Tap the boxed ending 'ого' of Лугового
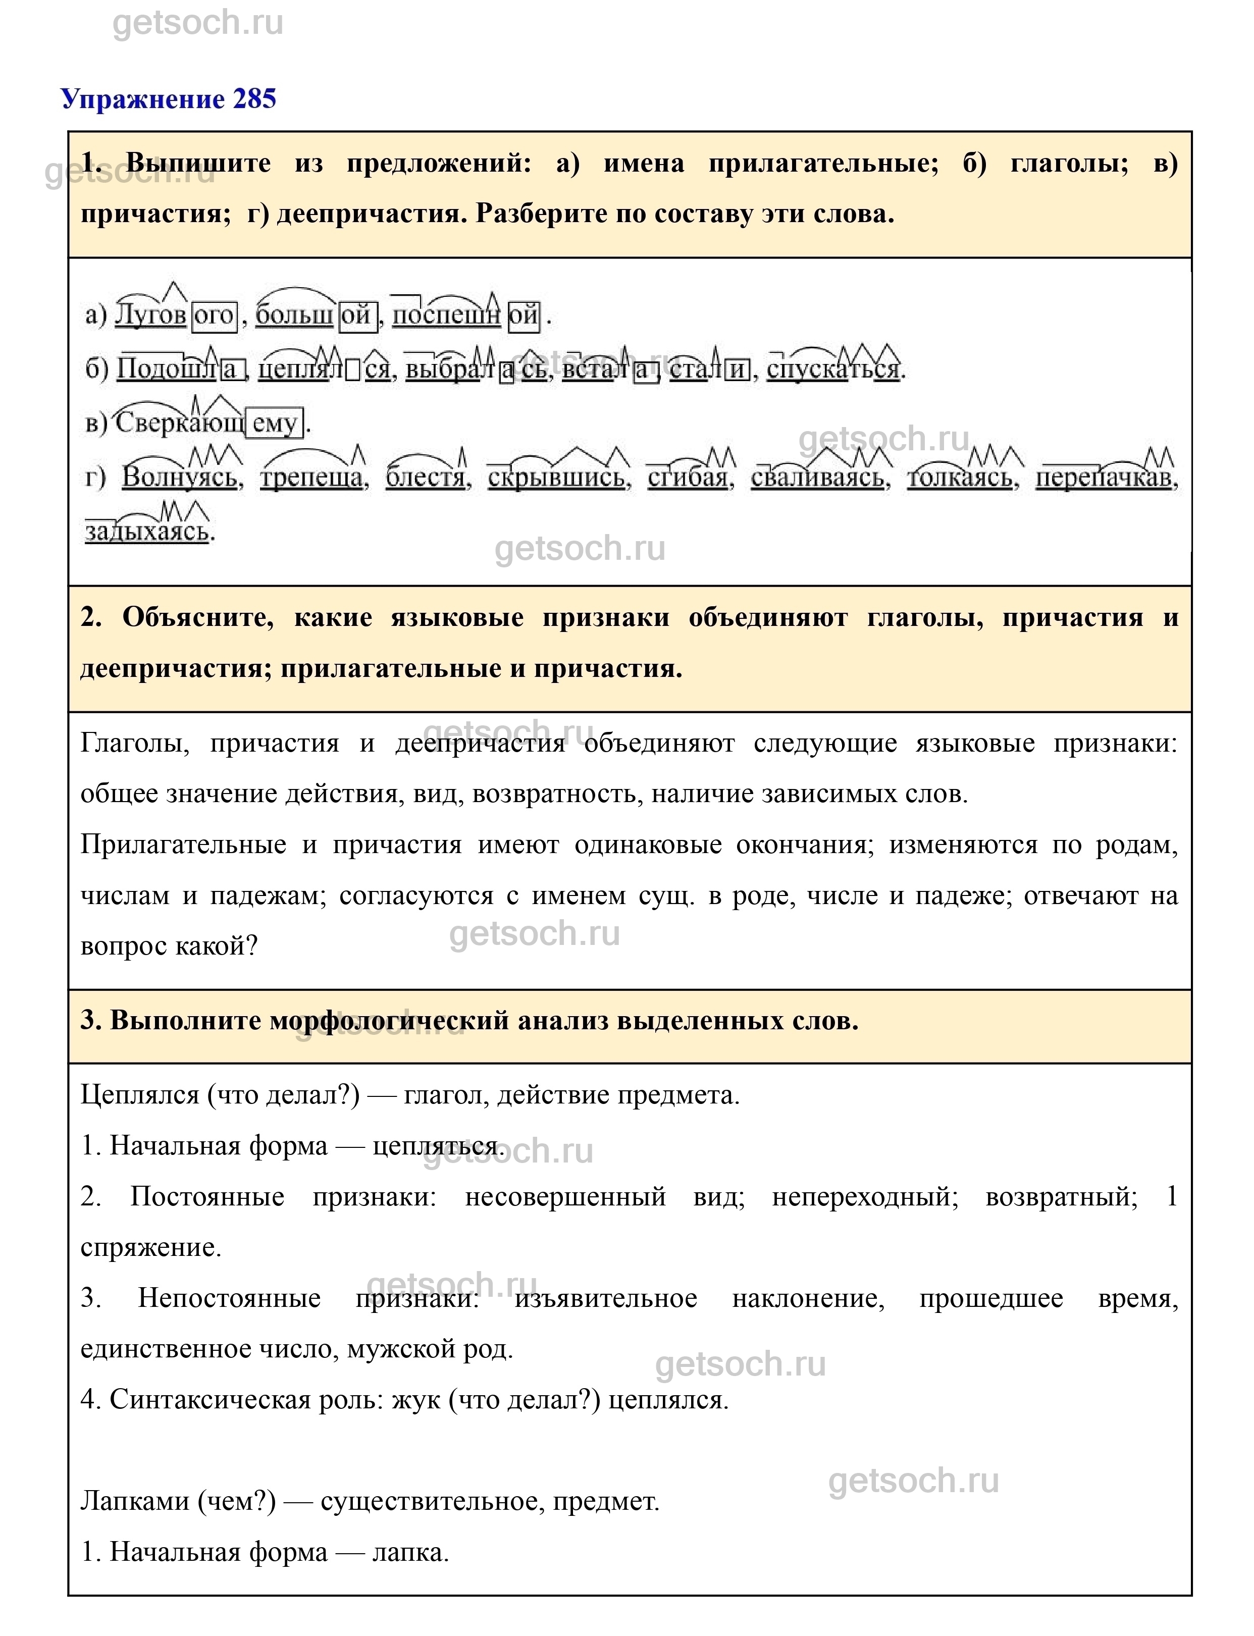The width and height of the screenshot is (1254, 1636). tap(214, 315)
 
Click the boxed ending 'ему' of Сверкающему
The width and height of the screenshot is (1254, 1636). tap(275, 423)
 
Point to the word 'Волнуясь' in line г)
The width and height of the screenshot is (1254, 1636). tap(181, 477)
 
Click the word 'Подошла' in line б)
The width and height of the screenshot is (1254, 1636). tap(179, 370)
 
